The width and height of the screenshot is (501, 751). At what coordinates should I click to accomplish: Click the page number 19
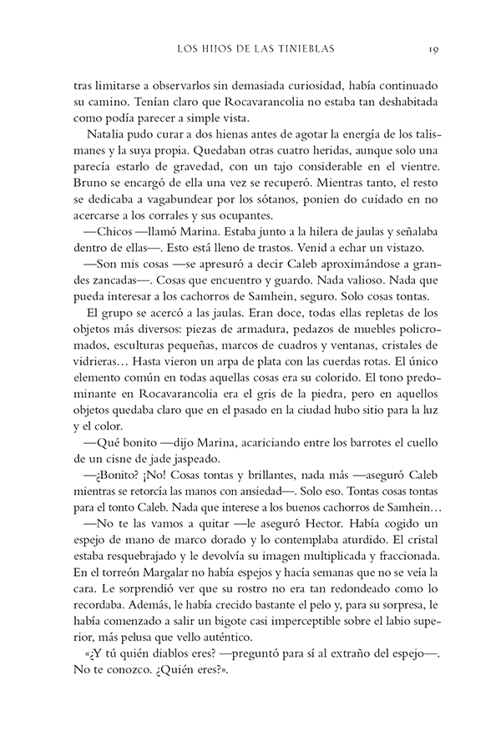434,49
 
